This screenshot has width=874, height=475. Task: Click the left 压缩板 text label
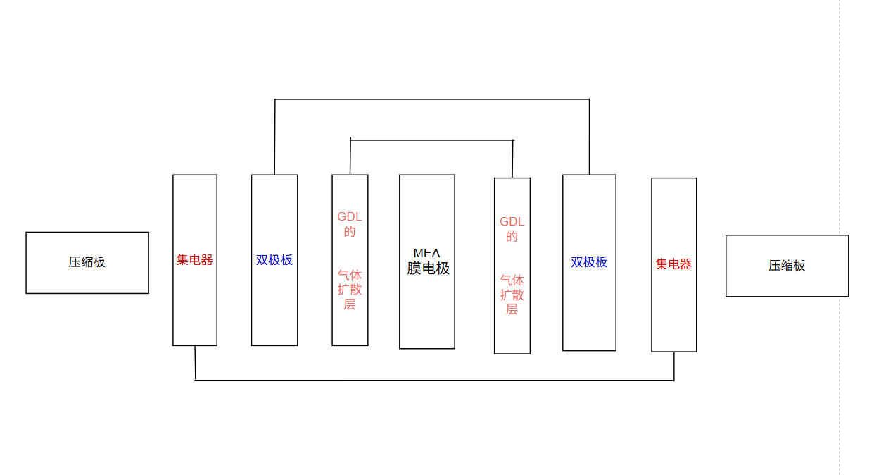87,262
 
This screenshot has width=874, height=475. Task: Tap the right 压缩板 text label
787,266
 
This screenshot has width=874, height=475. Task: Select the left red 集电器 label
195,260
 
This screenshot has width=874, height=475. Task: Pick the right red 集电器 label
674,264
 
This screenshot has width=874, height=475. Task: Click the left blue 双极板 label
274,260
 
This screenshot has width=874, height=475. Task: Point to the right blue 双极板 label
589,262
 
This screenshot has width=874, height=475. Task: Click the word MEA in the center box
426,253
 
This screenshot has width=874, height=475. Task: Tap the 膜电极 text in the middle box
428,269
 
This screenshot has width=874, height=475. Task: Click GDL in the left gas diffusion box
350,216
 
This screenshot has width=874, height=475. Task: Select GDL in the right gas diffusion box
512,221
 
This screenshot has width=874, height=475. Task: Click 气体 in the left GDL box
350,275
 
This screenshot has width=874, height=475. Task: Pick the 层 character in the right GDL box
512,309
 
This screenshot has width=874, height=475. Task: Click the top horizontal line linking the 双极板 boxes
431,99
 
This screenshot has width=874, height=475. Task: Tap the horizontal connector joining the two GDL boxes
431,140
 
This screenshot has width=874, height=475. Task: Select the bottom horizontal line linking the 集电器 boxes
434,381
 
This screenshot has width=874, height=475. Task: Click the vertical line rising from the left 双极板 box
274,137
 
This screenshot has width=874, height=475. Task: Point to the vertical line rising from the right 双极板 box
589,137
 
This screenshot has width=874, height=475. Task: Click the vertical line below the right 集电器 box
674,366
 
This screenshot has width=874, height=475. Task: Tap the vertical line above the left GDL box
350,157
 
